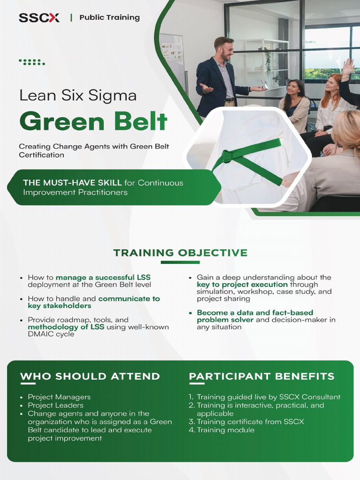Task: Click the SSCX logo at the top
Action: (39, 18)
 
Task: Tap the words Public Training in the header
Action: (109, 18)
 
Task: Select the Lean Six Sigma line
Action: (78, 96)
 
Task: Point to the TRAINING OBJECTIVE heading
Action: (180, 253)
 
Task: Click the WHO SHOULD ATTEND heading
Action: (90, 376)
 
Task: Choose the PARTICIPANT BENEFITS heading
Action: (262, 376)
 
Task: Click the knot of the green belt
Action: (228, 156)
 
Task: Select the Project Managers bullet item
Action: (59, 397)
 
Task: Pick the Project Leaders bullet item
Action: (55, 405)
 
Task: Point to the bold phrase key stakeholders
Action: (60, 306)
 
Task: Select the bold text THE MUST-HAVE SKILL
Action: (72, 183)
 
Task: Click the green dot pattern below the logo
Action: (32, 62)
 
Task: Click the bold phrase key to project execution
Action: (242, 285)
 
